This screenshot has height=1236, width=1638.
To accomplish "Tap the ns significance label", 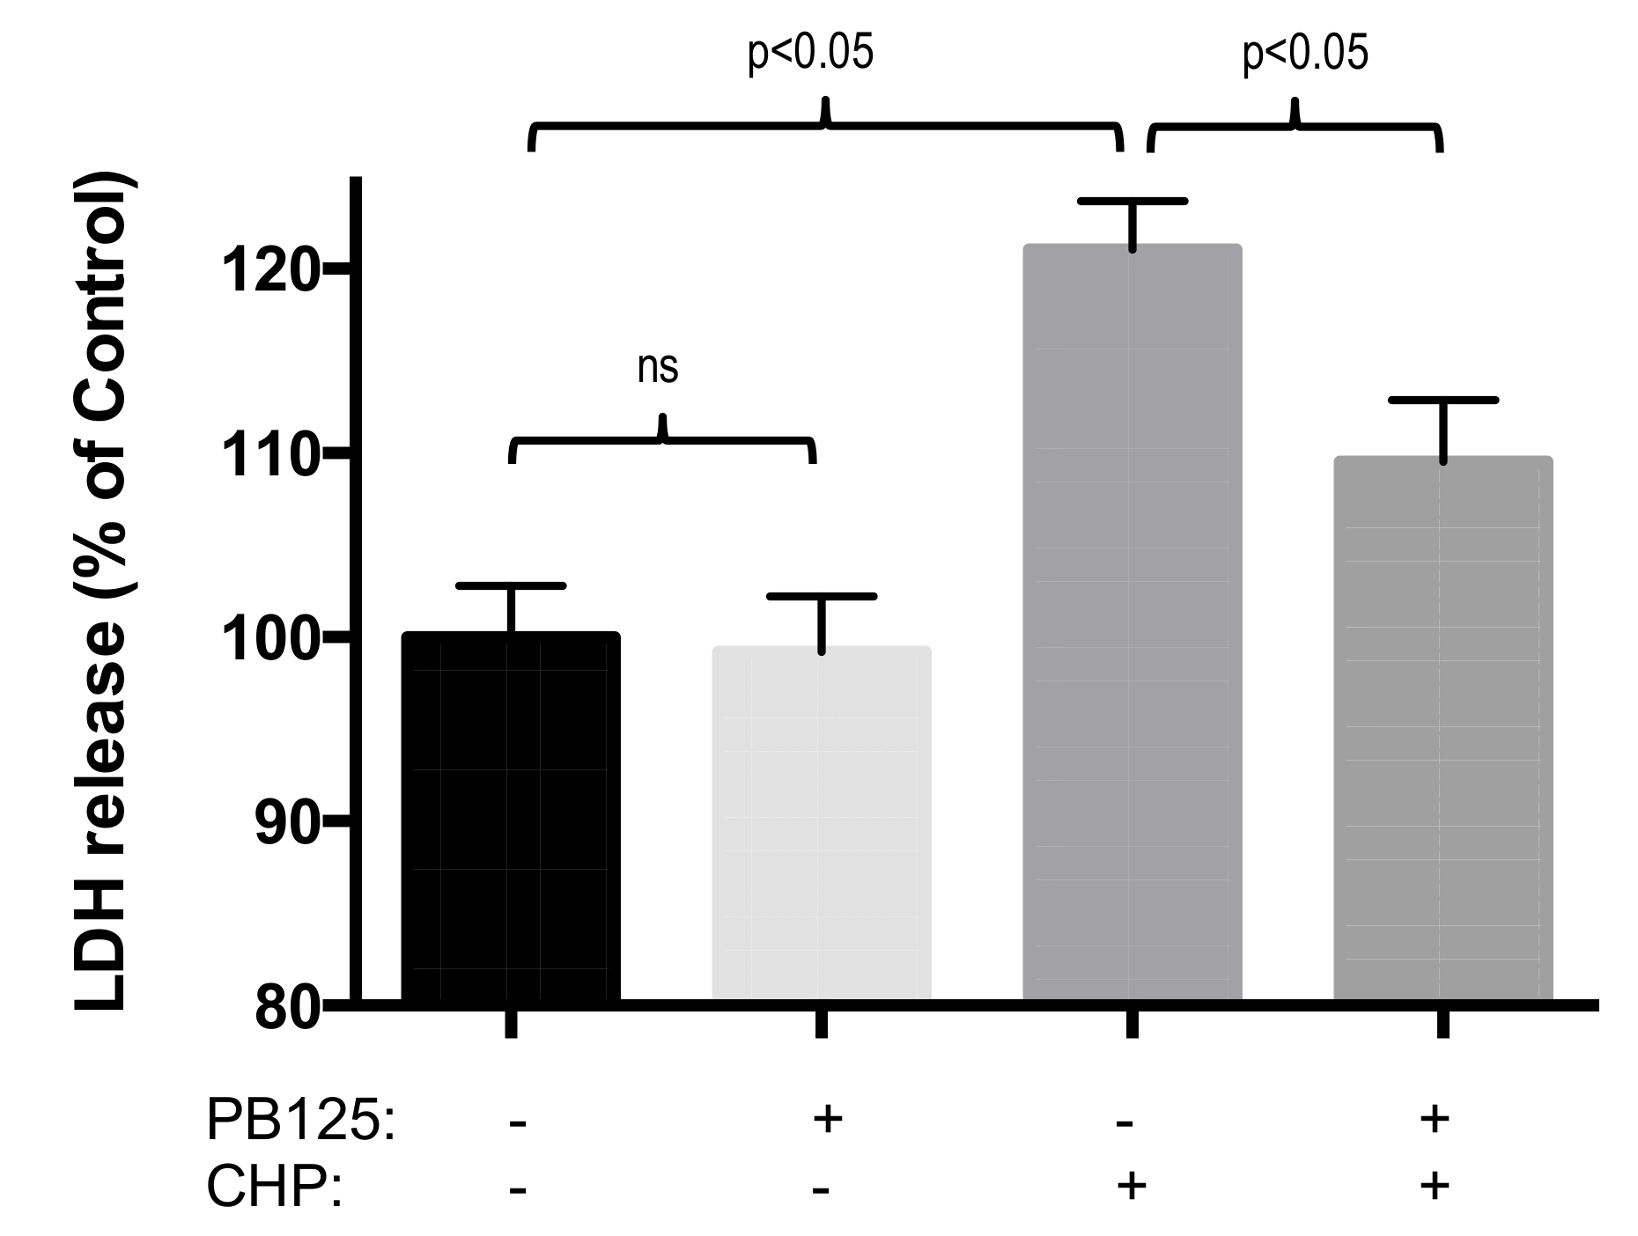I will (658, 368).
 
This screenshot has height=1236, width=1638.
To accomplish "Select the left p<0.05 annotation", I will (810, 54).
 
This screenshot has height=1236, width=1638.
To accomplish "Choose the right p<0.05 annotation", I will (1305, 54).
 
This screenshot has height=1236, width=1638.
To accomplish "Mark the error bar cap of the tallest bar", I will (1133, 202).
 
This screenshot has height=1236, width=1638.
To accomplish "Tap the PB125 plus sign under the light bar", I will (826, 1120).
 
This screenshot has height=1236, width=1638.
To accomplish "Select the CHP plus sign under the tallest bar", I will (1132, 1187).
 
